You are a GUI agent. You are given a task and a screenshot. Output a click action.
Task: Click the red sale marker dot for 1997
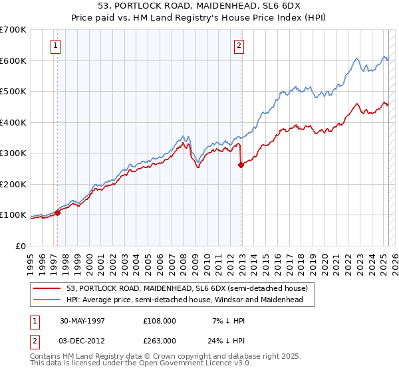tap(58, 213)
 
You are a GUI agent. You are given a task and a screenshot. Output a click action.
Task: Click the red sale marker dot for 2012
tap(241, 165)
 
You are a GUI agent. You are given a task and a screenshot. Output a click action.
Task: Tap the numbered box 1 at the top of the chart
tap(55, 46)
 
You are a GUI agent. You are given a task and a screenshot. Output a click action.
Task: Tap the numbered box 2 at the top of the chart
tap(238, 46)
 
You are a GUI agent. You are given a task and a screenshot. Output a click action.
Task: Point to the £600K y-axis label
tap(13, 60)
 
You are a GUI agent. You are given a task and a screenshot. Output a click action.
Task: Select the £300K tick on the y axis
tap(13, 153)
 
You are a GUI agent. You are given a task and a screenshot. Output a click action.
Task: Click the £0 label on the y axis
tap(21, 246)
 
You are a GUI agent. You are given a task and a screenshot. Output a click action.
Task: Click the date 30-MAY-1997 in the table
tap(82, 320)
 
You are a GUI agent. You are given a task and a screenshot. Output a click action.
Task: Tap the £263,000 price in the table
tap(160, 340)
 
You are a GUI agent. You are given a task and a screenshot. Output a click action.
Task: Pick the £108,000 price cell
tap(160, 320)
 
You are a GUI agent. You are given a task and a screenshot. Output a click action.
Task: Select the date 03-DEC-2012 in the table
tap(83, 340)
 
